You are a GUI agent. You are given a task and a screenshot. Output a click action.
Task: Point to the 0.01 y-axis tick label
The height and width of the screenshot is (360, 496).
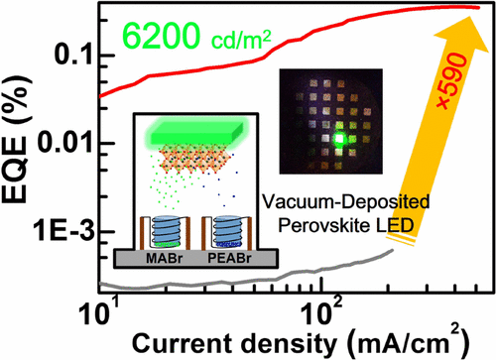(64, 146)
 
